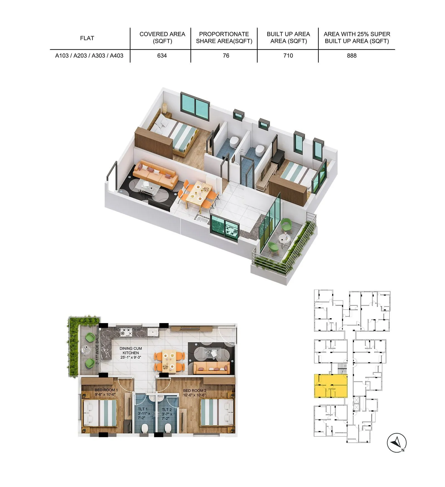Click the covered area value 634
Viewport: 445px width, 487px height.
[162, 56]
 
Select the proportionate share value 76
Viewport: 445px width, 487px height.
[226, 56]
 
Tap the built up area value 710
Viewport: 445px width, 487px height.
[288, 56]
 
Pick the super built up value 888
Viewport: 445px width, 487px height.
[352, 56]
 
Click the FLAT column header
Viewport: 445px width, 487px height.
[87, 38]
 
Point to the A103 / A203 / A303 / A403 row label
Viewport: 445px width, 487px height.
[89, 56]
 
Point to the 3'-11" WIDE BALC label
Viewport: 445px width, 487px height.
[97, 349]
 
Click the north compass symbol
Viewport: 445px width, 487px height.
[397, 442]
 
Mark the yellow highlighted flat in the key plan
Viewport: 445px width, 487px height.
[331, 386]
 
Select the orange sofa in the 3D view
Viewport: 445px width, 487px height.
[155, 174]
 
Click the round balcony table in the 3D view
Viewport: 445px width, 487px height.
[283, 239]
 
